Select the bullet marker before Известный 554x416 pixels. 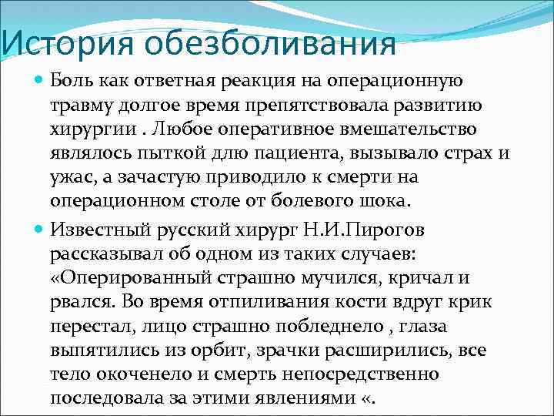coord(39,230)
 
